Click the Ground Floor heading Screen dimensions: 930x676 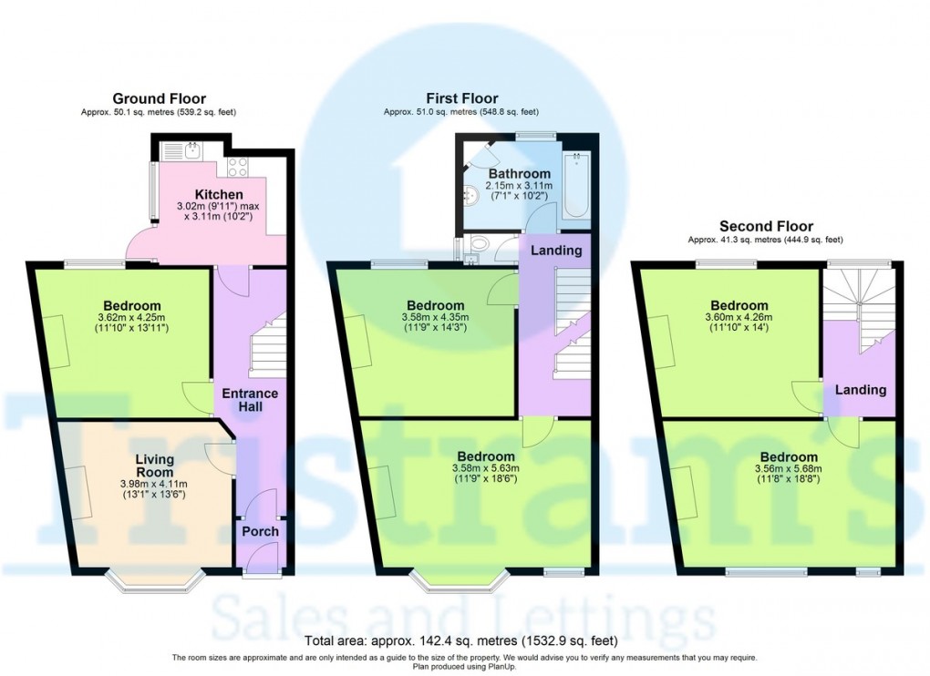[159, 98]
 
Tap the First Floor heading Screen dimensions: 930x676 [462, 98]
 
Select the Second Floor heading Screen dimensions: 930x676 [766, 226]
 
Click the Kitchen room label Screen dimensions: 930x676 [219, 194]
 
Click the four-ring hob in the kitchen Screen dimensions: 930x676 [237, 167]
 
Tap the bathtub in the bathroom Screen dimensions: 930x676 [575, 186]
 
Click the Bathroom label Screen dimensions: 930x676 [520, 174]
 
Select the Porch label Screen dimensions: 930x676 [261, 531]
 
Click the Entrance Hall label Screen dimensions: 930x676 [250, 400]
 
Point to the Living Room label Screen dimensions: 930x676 [154, 465]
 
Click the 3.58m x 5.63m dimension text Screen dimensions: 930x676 [487, 468]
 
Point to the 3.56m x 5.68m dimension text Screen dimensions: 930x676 [789, 468]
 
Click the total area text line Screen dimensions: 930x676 [460, 640]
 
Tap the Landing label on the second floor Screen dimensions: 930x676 [861, 390]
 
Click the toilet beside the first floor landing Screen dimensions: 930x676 [478, 243]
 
